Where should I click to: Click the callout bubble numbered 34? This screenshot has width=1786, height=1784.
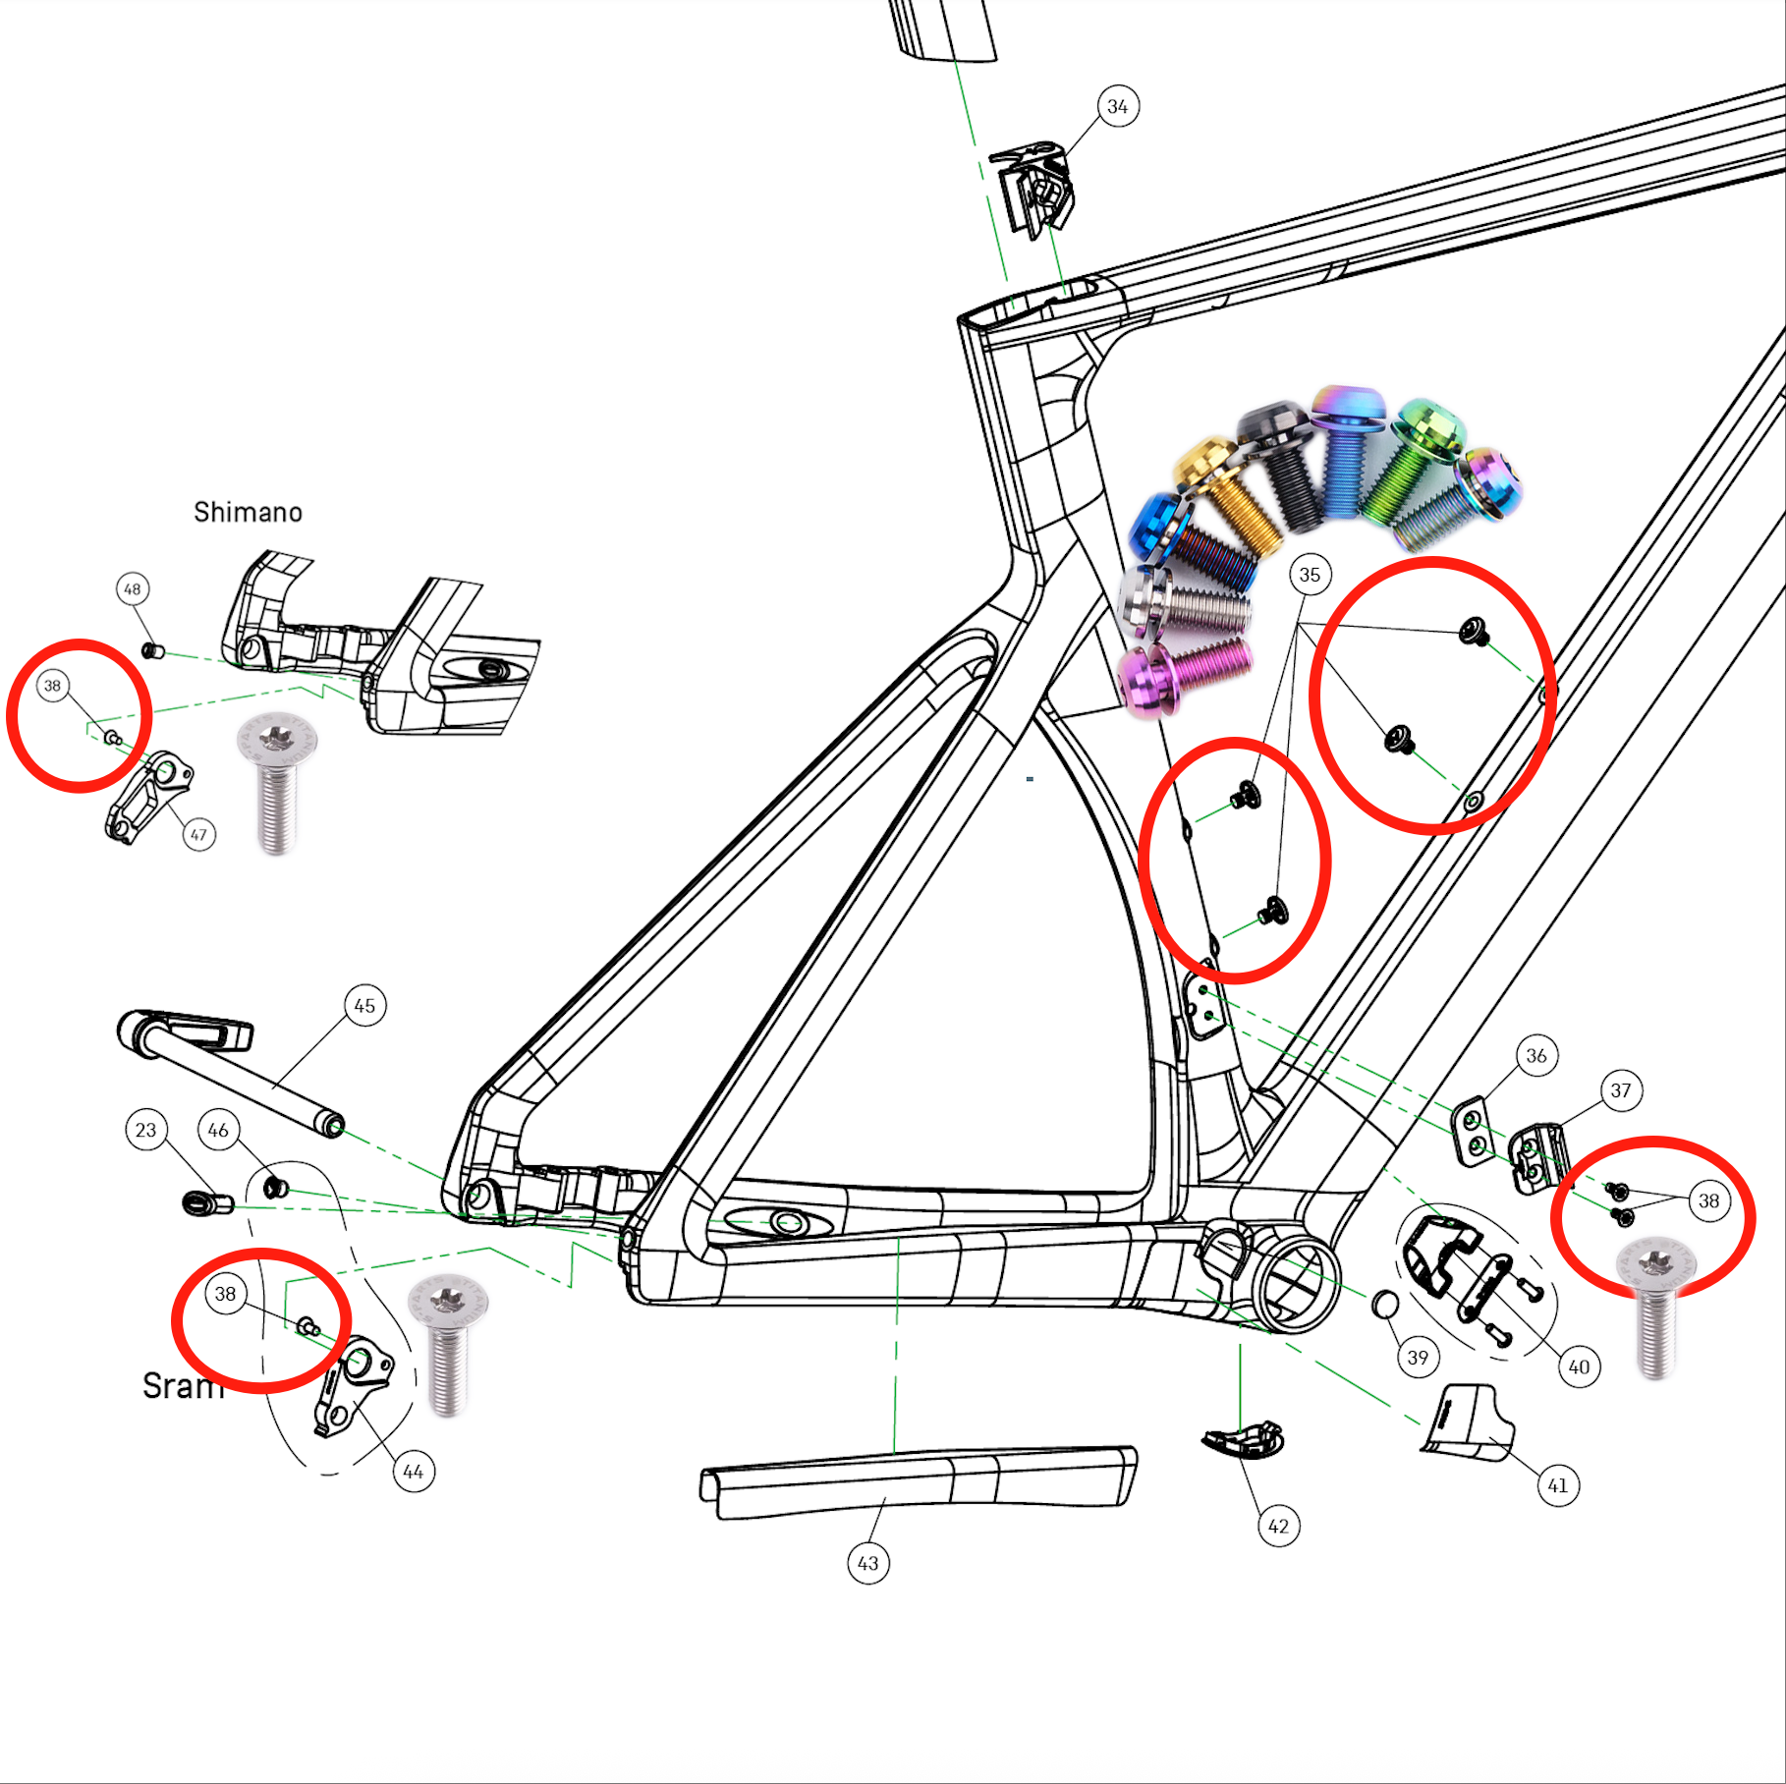click(x=1118, y=106)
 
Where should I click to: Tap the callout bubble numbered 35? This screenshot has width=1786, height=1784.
click(x=1310, y=575)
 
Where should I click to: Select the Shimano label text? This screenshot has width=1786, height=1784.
click(x=248, y=512)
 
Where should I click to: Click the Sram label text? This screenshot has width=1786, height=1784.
click(x=183, y=1385)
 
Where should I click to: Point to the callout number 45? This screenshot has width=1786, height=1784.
click(x=364, y=1005)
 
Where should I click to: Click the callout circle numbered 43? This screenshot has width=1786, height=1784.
click(x=868, y=1563)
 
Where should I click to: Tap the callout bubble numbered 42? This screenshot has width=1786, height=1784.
click(x=1278, y=1526)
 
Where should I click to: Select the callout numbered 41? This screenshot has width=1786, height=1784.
click(x=1558, y=1484)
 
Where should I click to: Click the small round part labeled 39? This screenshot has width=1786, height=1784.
click(x=1384, y=1305)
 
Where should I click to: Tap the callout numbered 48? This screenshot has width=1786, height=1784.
click(x=133, y=588)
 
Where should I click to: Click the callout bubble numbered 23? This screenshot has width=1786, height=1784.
click(x=145, y=1130)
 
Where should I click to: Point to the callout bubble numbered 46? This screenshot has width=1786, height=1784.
click(x=218, y=1130)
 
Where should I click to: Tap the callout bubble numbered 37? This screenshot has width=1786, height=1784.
click(x=1621, y=1090)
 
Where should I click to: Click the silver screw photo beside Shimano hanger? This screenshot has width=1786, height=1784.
click(x=278, y=781)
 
